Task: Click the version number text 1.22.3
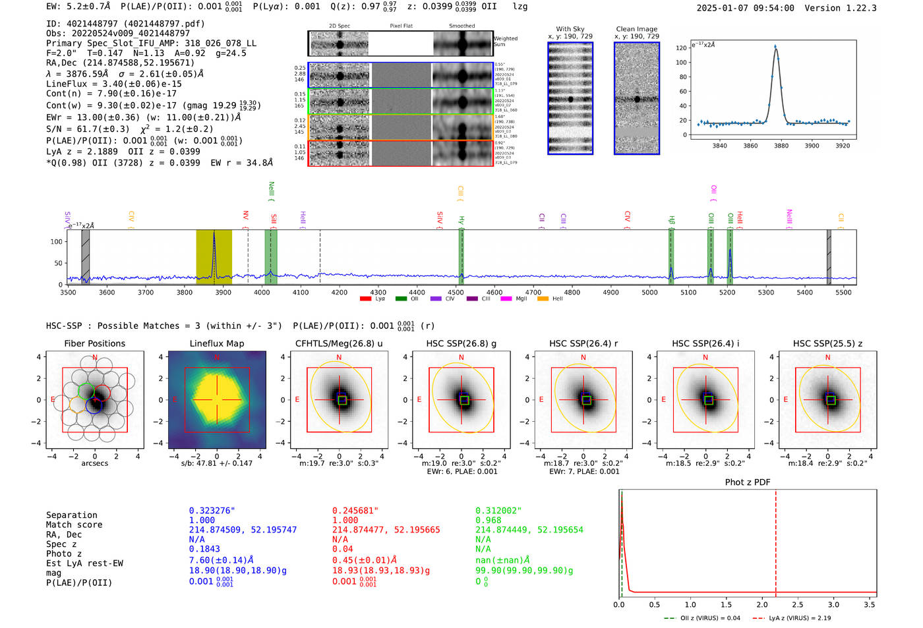coord(860,8)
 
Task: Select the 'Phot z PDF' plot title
coord(748,482)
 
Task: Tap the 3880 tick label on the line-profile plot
coord(781,146)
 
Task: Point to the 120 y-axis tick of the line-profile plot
coord(681,48)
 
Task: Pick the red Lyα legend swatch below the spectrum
coord(365,299)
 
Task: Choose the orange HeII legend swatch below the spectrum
coord(543,299)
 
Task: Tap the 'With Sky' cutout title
coord(570,29)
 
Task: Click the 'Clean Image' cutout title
coord(636,29)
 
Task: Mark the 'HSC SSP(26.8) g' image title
coord(461,343)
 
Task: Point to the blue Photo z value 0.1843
coord(204,549)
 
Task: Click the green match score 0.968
coord(488,520)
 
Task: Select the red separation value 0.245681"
coord(355,511)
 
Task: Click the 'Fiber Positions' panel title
coord(94,343)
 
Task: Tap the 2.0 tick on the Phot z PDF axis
coord(761,604)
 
